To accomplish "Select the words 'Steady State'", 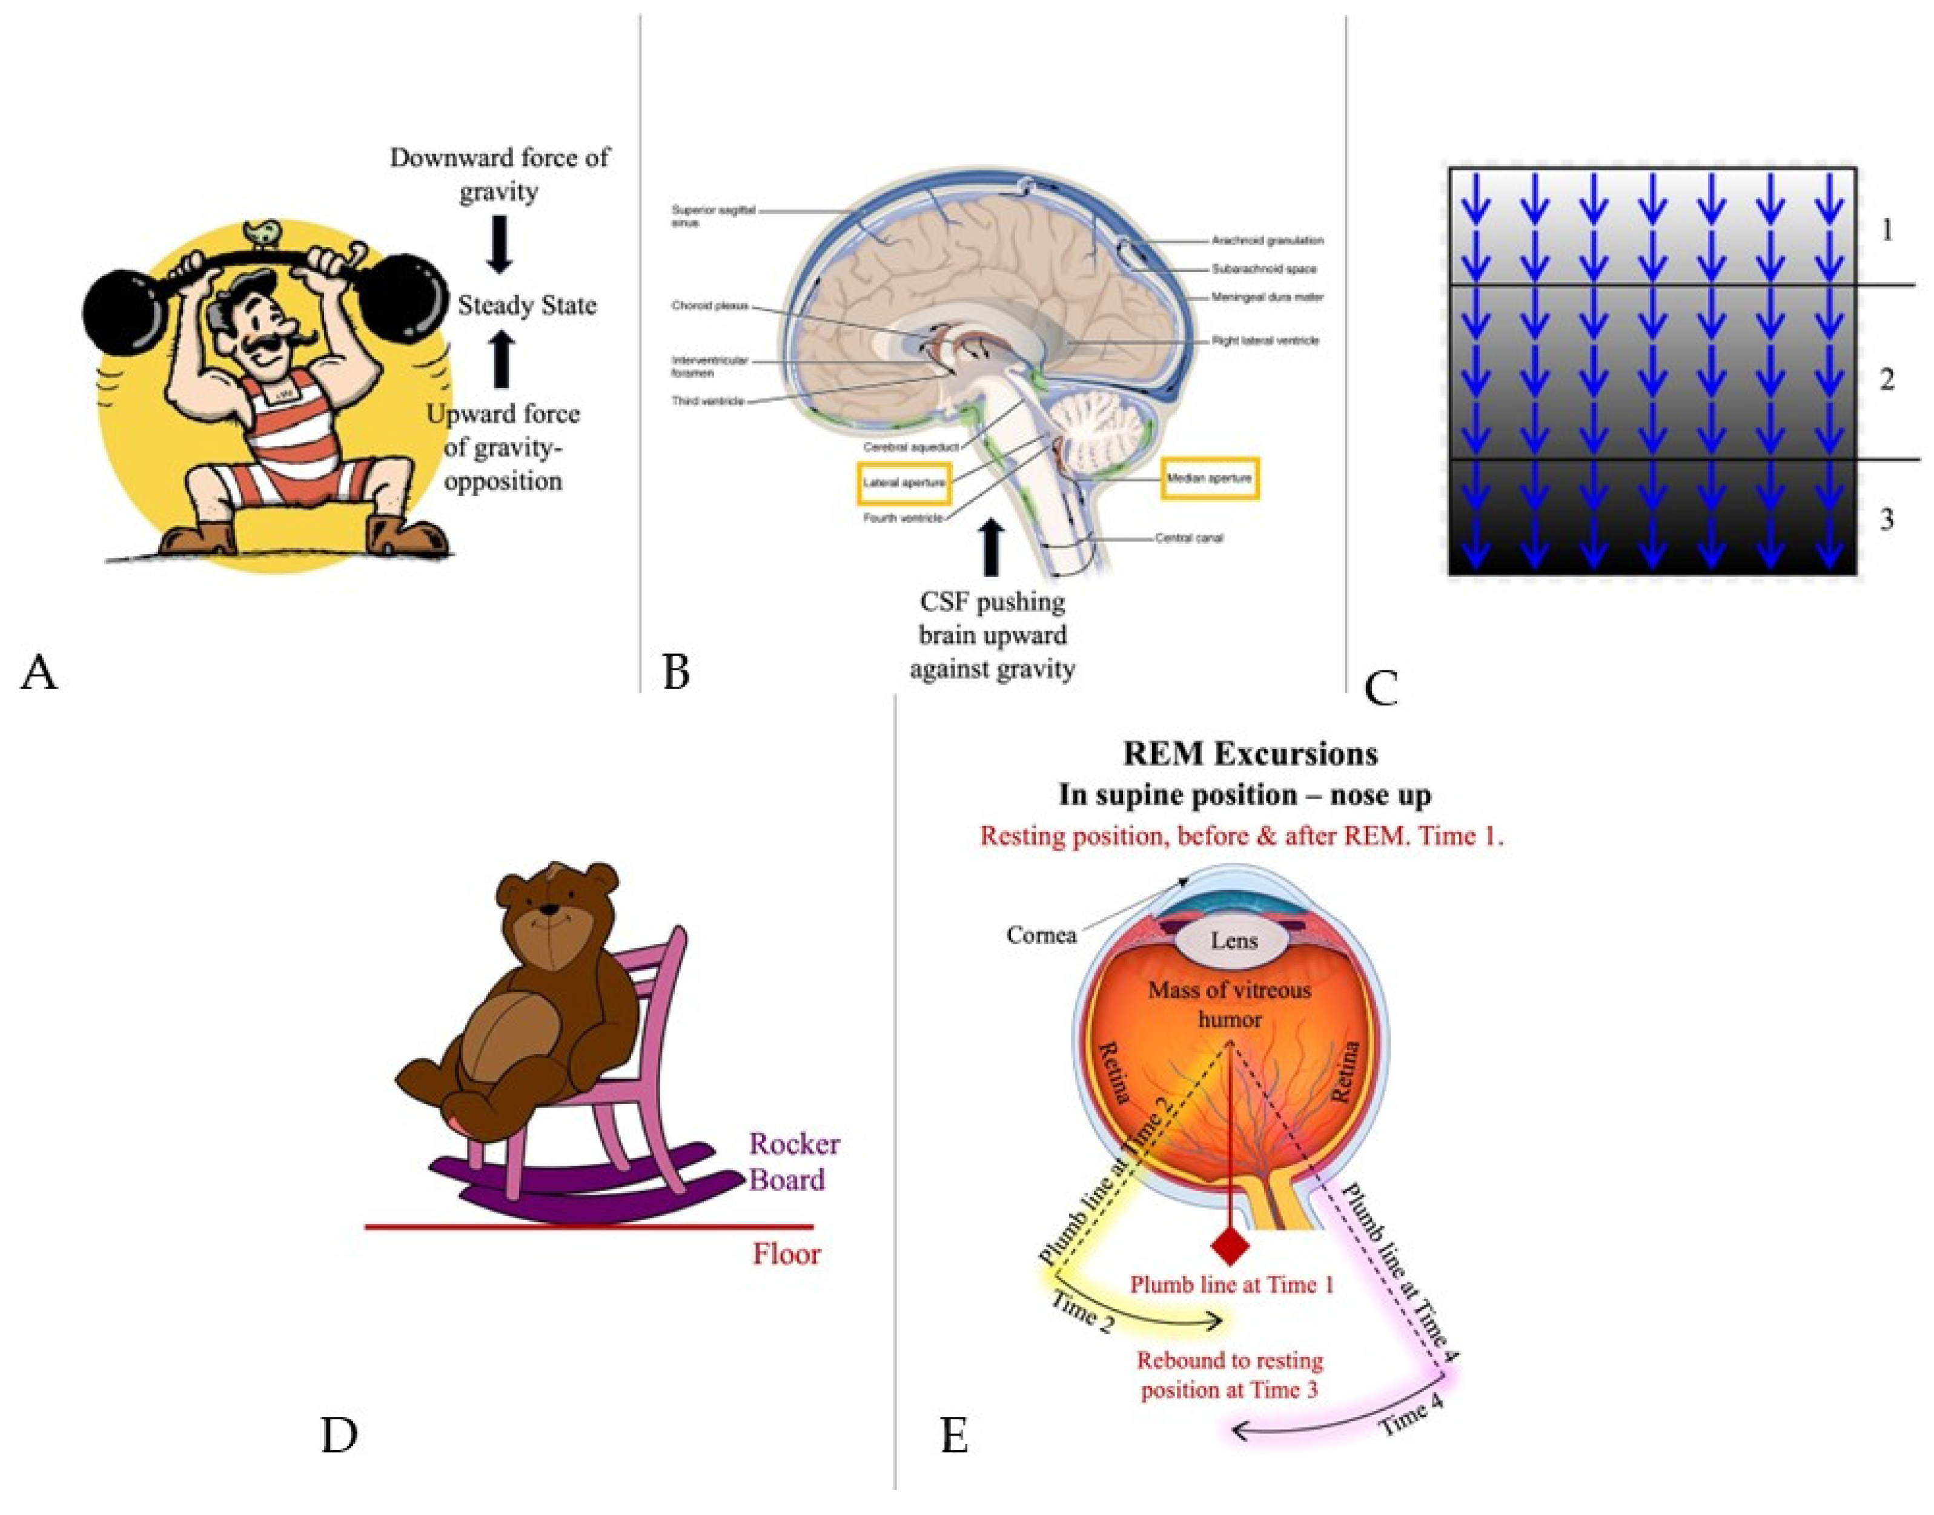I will click(x=527, y=306).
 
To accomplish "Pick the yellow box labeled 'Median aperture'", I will click(x=1209, y=479).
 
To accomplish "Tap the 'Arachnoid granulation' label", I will click(x=1267, y=240).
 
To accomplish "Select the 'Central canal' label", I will click(x=1189, y=538).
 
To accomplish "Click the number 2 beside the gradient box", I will click(x=1887, y=380).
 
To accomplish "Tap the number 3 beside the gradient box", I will click(x=1887, y=520).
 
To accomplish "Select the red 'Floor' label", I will click(x=786, y=1254).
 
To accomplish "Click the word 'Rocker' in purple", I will click(x=794, y=1144).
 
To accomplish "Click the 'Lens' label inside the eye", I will click(x=1234, y=940).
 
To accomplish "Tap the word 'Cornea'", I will click(x=1042, y=935).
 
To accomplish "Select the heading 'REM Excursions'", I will click(x=1250, y=754).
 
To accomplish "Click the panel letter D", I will click(x=339, y=1435).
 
